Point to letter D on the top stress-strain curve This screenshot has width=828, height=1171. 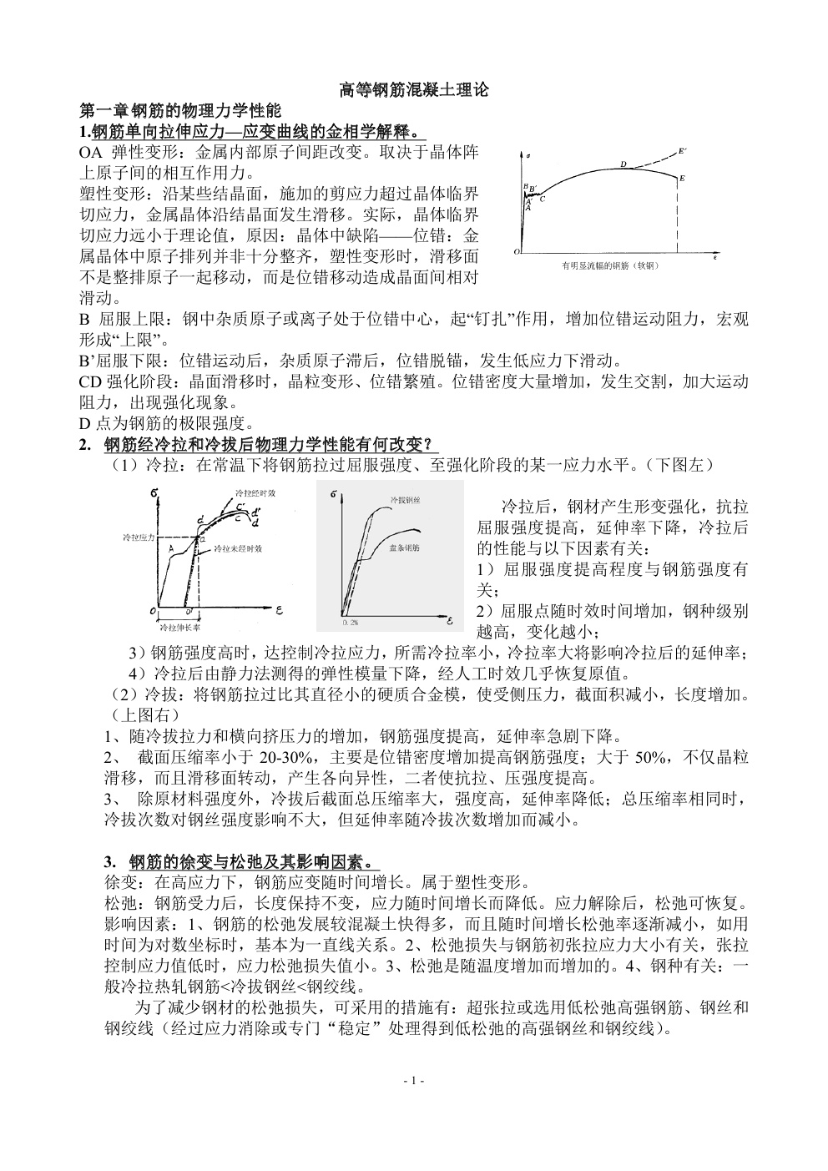pyautogui.click(x=623, y=164)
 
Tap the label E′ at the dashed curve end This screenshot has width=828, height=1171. pyautogui.click(x=682, y=150)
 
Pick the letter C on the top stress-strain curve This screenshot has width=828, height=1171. pyautogui.click(x=542, y=199)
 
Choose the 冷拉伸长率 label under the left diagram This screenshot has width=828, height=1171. pyautogui.click(x=179, y=627)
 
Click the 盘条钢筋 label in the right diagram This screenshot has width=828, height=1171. pyautogui.click(x=403, y=548)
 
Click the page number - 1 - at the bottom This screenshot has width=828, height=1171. pyautogui.click(x=414, y=1081)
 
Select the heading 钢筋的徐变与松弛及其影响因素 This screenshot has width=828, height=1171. pyautogui.click(x=250, y=861)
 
